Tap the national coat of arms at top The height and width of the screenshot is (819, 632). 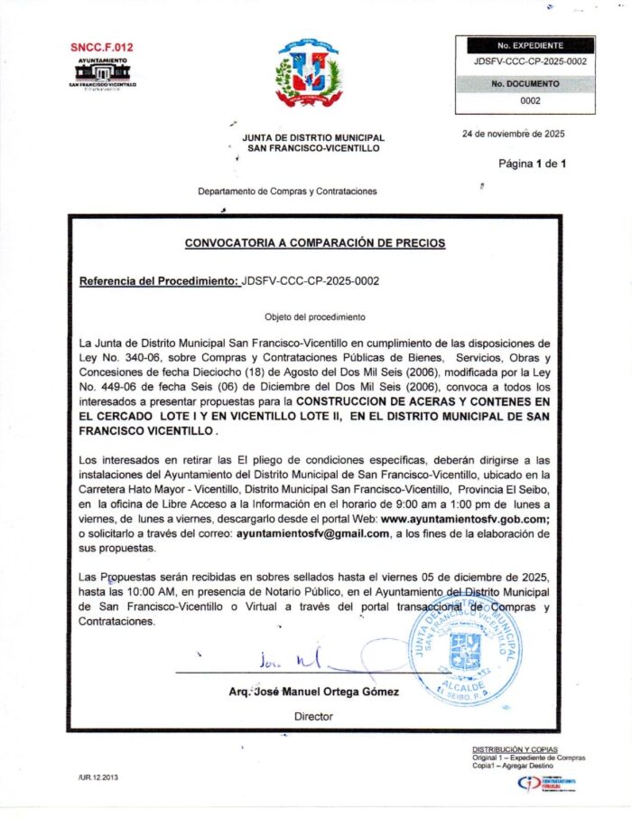point(309,74)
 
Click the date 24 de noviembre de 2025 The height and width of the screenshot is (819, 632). point(513,134)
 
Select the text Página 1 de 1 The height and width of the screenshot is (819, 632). point(532,164)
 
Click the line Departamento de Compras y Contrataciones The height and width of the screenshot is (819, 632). point(287,192)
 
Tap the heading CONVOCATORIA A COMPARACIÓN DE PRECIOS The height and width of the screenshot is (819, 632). point(314,243)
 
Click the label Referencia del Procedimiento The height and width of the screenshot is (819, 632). point(160,281)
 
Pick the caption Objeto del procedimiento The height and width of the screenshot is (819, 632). point(314,317)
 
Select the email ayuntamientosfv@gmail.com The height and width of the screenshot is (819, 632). point(313,534)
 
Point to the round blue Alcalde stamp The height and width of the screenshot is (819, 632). point(463,649)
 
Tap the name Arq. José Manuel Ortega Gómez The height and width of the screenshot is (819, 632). point(313,692)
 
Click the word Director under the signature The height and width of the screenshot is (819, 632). point(313,716)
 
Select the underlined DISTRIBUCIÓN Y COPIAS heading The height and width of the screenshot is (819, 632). point(515,749)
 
